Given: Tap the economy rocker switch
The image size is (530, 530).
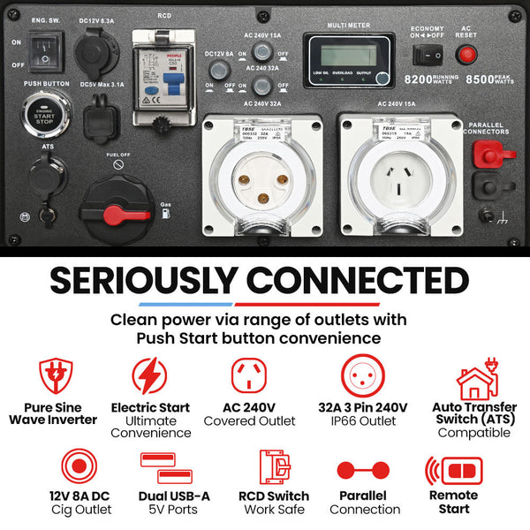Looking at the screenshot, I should click(x=428, y=55).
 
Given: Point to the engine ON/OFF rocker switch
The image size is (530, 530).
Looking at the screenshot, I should click(x=42, y=53).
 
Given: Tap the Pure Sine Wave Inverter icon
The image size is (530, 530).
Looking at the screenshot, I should click(x=53, y=375).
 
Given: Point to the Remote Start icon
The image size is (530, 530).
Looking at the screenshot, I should click(x=453, y=469).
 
